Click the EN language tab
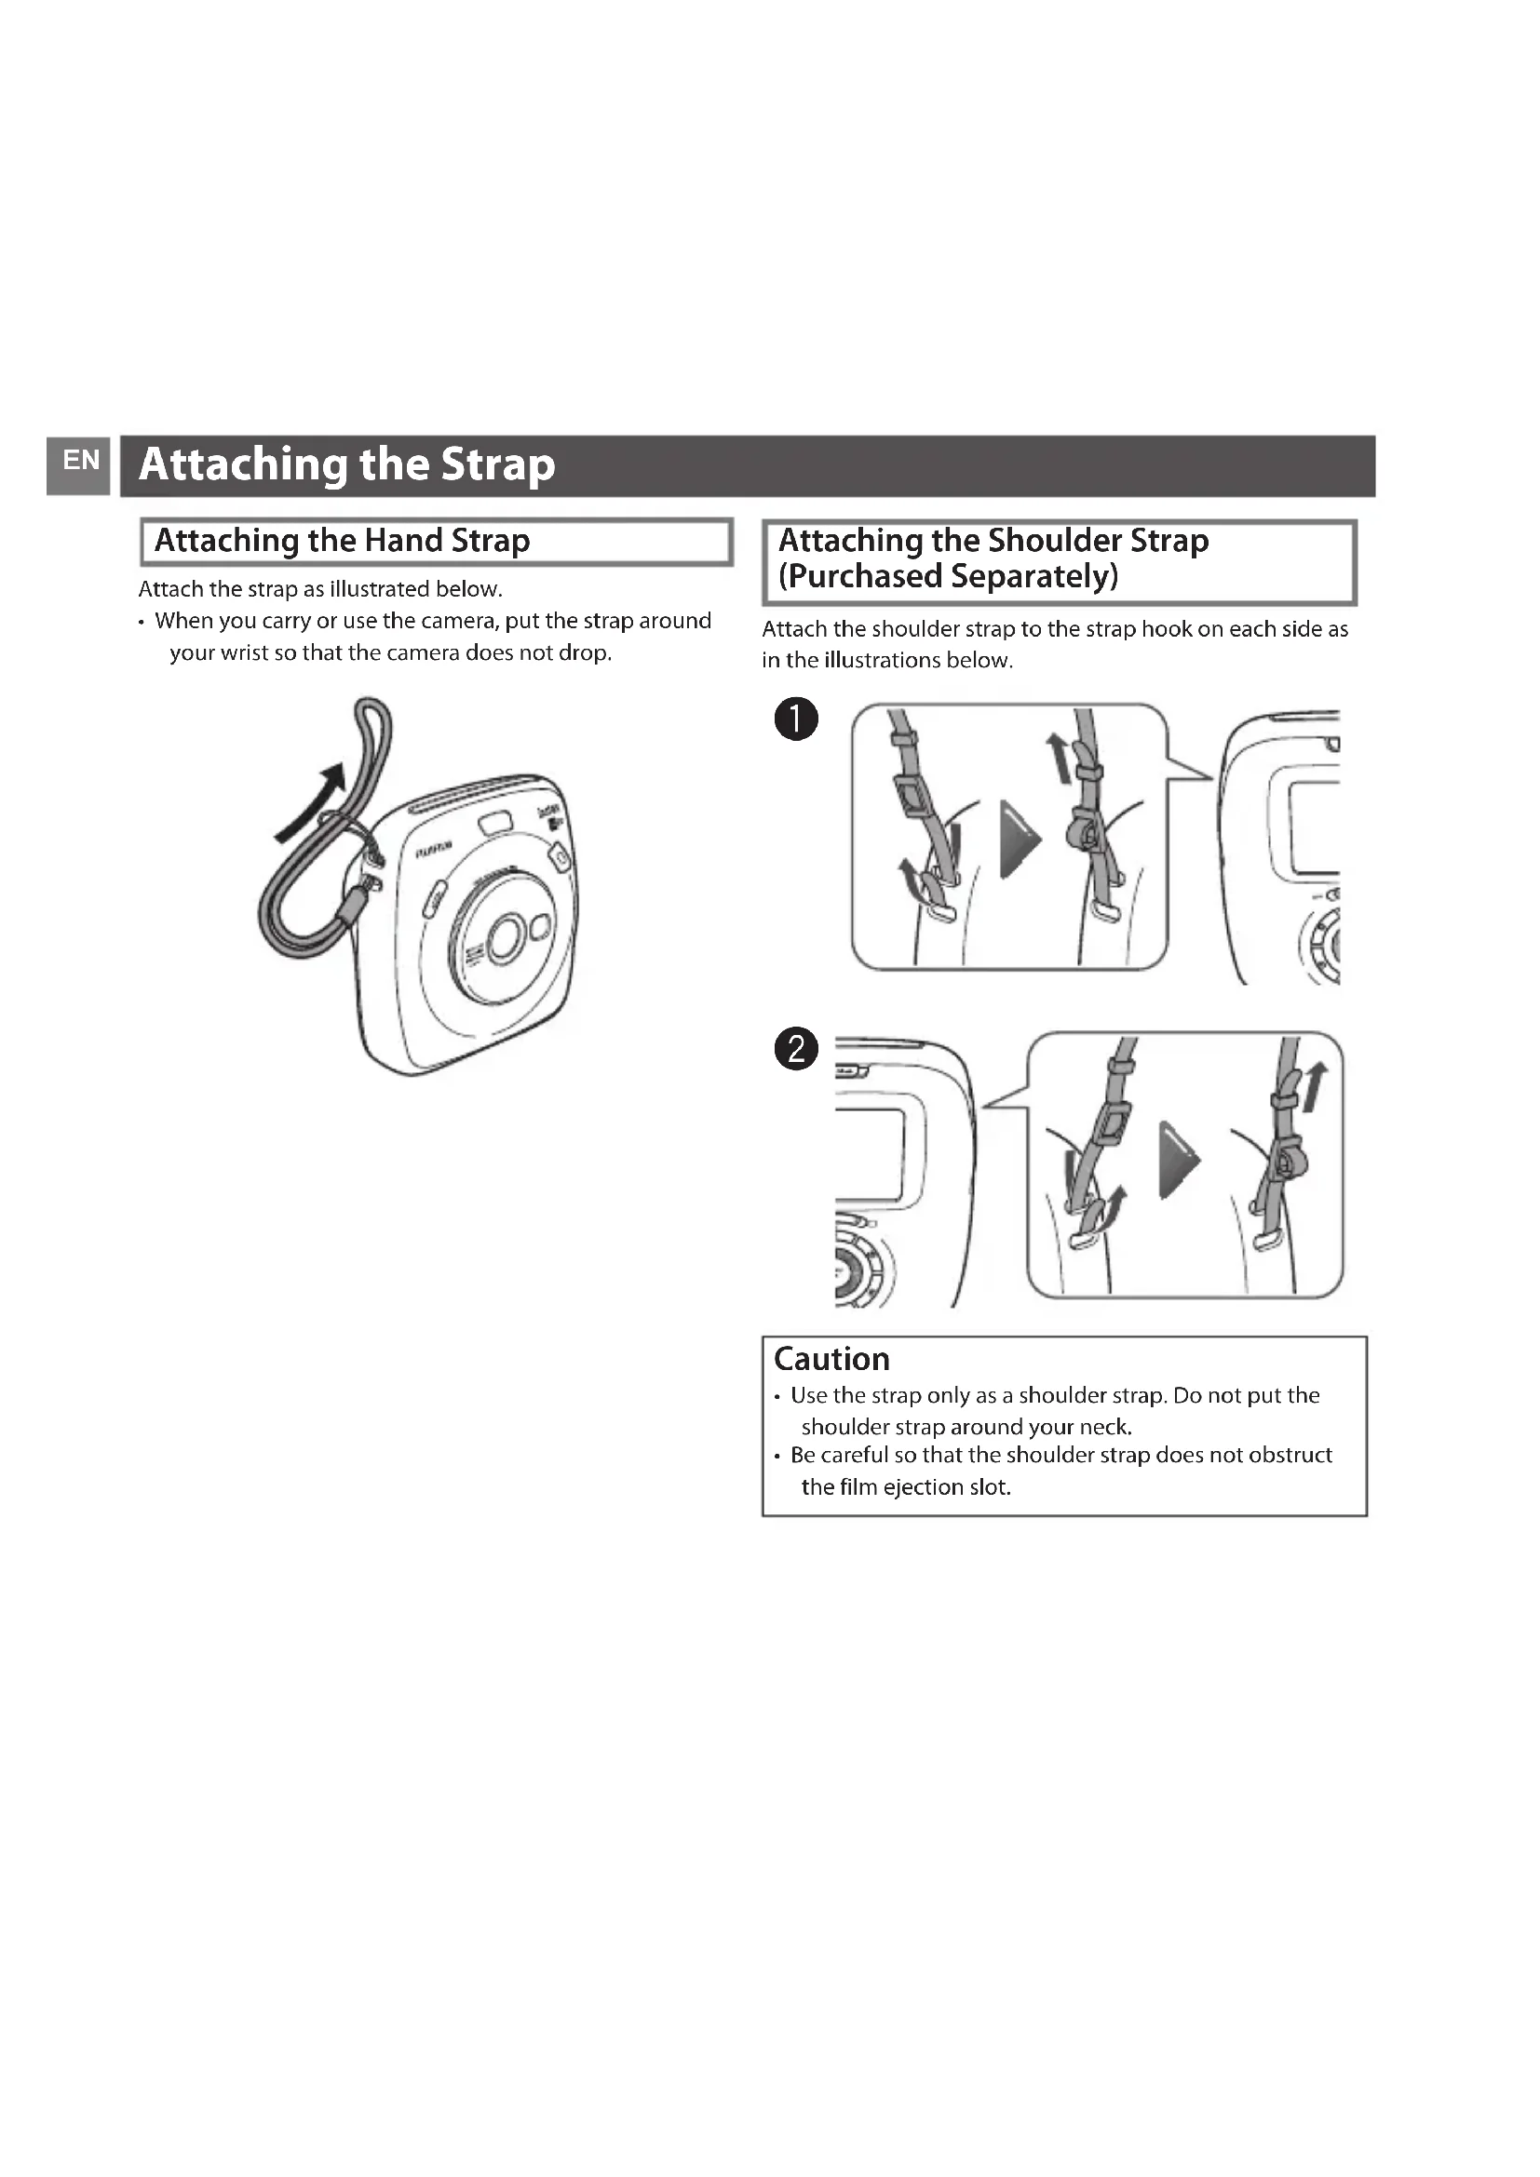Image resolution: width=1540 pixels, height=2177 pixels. click(x=81, y=462)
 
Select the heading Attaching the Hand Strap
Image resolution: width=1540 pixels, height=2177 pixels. click(x=342, y=541)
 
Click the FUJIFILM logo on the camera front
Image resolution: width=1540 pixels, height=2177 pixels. click(x=432, y=850)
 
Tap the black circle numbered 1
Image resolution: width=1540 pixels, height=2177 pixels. click(x=795, y=719)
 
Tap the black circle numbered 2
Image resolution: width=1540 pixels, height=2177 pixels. click(x=795, y=1050)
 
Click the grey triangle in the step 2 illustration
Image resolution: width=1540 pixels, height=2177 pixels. click(x=1178, y=1161)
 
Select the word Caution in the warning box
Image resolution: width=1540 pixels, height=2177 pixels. click(x=831, y=1359)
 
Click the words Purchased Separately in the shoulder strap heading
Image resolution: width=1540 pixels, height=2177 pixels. click(x=948, y=576)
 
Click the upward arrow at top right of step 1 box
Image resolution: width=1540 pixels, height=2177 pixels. click(x=1057, y=759)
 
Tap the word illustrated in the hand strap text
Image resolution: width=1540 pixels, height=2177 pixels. click(x=376, y=589)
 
